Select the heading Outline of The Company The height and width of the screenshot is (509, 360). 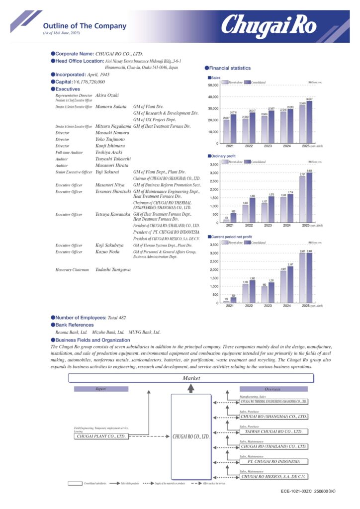click(85, 26)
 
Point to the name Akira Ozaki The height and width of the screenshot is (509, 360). click(106, 95)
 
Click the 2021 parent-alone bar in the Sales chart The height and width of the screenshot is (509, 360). click(227, 132)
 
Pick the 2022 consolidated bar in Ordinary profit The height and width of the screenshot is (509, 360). click(253, 211)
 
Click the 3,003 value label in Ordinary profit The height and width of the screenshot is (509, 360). click(309, 170)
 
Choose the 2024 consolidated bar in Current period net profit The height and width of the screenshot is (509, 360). click(291, 284)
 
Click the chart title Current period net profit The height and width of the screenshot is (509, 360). click(233, 237)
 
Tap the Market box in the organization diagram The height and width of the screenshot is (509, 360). click(191, 378)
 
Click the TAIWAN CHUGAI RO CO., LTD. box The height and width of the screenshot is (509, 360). click(274, 432)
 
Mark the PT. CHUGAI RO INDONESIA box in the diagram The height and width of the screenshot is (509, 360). click(274, 461)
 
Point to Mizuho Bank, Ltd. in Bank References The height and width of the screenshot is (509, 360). click(108, 332)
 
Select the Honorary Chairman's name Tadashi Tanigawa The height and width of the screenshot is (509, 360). click(113, 269)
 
